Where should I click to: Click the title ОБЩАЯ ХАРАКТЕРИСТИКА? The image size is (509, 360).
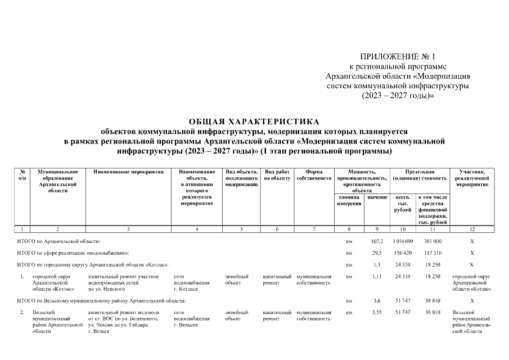254,121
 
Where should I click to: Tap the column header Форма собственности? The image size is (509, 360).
314,175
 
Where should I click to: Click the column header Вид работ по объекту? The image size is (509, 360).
277,175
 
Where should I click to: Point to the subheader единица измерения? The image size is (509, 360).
349,200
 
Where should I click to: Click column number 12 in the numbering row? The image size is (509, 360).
472,229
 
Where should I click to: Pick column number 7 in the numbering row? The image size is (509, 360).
314,229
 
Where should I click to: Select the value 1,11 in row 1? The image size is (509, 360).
377,277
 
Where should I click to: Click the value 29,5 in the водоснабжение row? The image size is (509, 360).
377,253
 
